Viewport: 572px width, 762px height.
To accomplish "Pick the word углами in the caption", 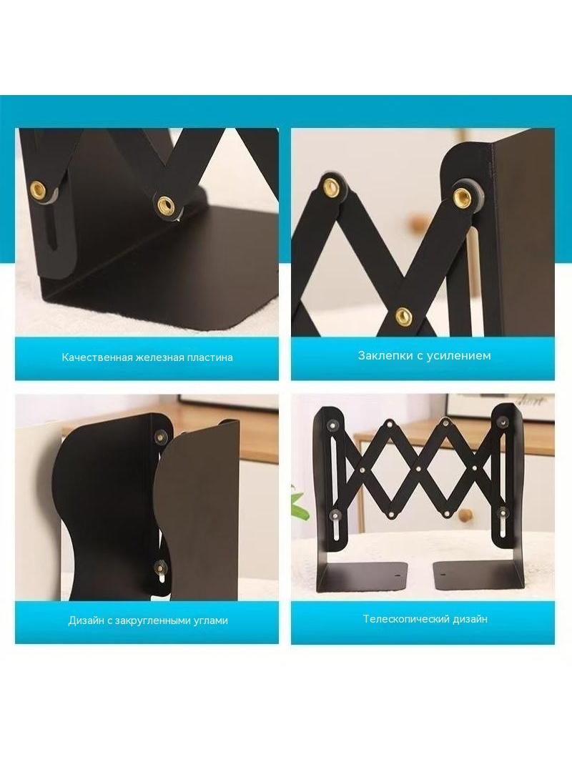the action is pyautogui.click(x=212, y=621).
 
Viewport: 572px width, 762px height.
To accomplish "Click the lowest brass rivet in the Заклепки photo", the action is pyautogui.click(x=402, y=317).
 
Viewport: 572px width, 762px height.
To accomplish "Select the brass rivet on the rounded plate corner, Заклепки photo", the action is pyautogui.click(x=462, y=195).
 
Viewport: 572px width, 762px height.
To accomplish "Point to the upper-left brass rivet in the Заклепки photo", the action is pyautogui.click(x=332, y=185).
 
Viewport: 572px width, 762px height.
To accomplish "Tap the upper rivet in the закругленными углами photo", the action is pyautogui.click(x=159, y=436).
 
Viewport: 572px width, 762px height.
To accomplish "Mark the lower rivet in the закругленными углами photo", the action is pyautogui.click(x=159, y=566).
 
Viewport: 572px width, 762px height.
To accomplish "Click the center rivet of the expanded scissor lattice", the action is pyautogui.click(x=418, y=469).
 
